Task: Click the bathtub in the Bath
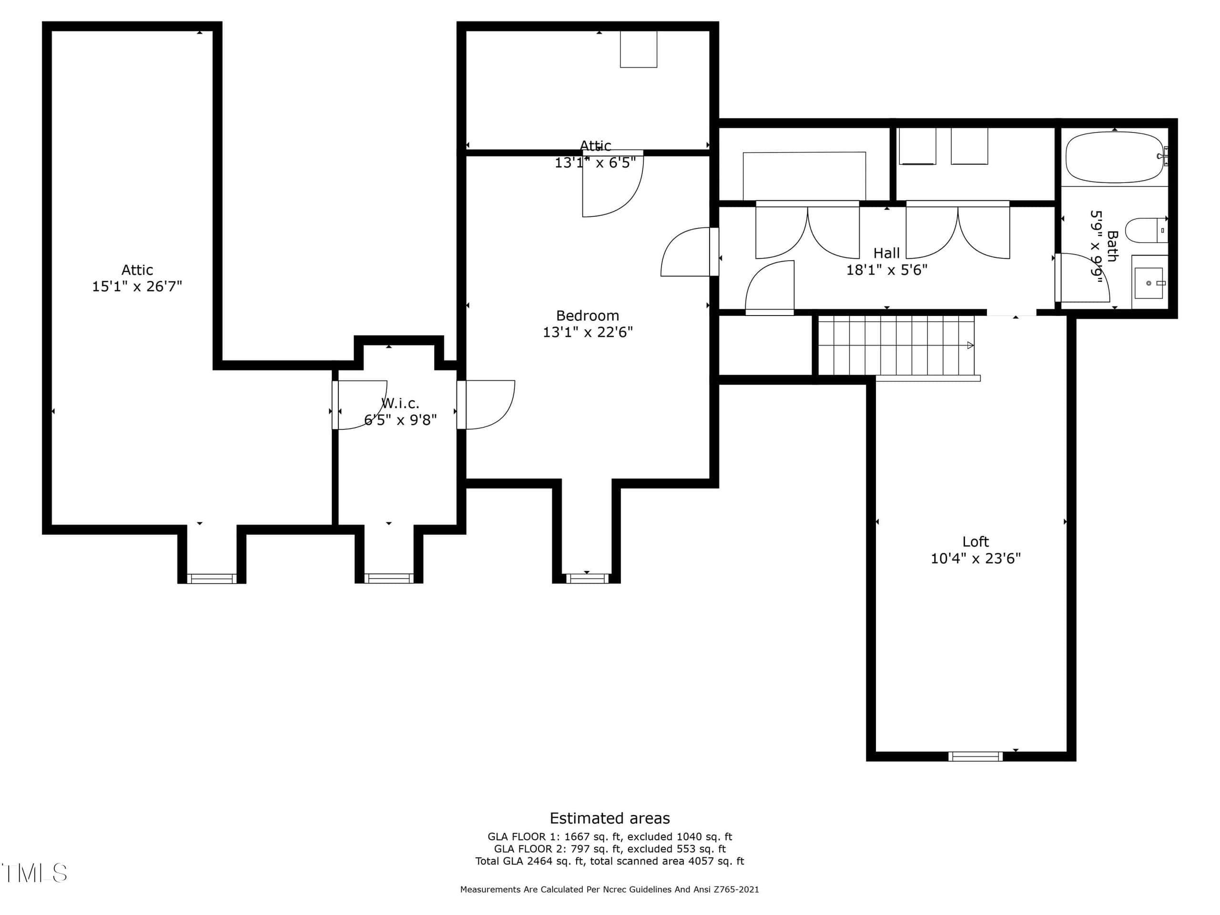(1115, 157)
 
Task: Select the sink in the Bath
(1149, 283)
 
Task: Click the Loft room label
(976, 541)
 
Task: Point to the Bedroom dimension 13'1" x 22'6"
(588, 332)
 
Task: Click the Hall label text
(886, 253)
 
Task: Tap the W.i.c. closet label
(400, 403)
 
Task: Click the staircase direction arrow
(970, 345)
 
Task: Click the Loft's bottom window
(976, 756)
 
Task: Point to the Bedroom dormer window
(587, 579)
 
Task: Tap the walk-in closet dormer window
(389, 579)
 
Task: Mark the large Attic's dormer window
(212, 579)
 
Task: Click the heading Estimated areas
(610, 818)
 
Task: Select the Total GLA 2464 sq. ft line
(610, 861)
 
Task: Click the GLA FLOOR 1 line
(610, 837)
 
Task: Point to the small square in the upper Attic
(639, 49)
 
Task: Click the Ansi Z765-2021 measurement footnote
(610, 889)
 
